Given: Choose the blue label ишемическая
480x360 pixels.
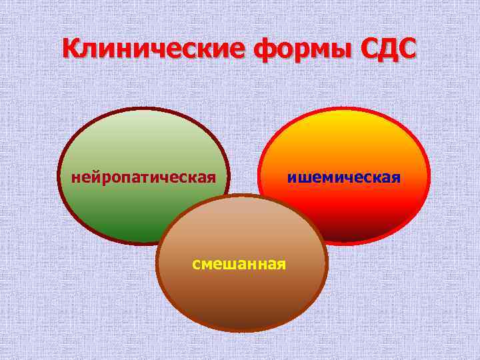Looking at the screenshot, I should (344, 177).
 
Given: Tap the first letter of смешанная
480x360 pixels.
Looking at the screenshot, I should (196, 264).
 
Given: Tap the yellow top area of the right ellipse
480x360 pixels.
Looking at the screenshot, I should (343, 127).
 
